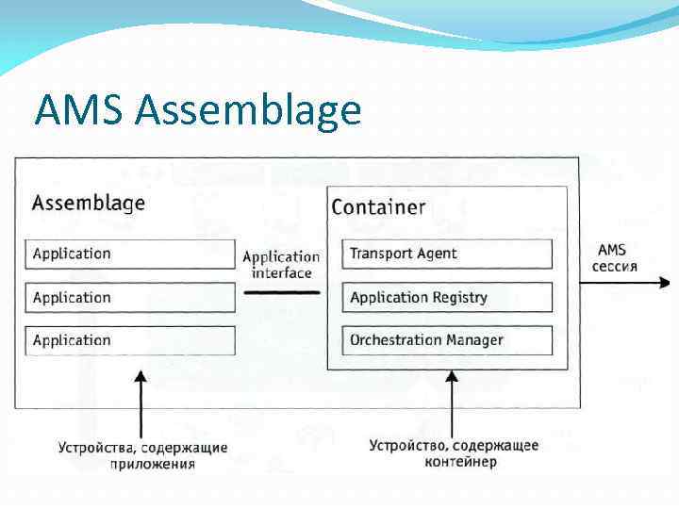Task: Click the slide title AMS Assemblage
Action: click(197, 110)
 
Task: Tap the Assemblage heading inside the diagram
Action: click(89, 203)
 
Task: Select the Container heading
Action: click(378, 207)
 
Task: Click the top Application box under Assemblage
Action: click(129, 254)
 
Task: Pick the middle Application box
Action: click(129, 298)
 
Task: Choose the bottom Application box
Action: click(129, 340)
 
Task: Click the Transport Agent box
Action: click(447, 254)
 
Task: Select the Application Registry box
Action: click(447, 298)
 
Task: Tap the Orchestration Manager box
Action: click(447, 340)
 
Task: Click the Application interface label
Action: click(281, 265)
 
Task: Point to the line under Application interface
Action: click(281, 293)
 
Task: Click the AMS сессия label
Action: click(615, 258)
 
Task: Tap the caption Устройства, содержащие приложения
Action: click(142, 455)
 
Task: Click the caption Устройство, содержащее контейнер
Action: click(454, 453)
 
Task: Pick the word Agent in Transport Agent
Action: click(438, 254)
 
